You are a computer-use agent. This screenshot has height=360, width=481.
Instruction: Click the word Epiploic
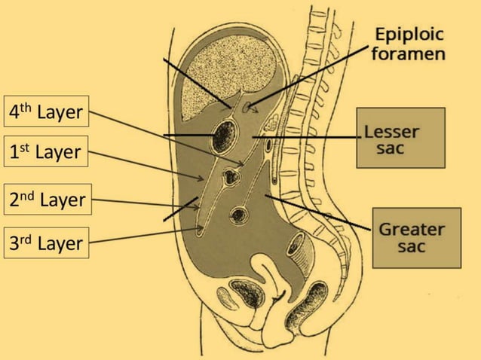410,35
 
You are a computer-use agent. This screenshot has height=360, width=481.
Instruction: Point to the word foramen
409,54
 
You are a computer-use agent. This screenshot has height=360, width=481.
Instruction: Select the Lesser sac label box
400,138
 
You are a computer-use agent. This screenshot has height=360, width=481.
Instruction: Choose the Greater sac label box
415,237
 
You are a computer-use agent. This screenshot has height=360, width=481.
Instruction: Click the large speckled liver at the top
229,68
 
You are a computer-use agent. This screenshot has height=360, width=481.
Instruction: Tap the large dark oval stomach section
225,136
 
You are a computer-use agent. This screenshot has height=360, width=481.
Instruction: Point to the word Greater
412,229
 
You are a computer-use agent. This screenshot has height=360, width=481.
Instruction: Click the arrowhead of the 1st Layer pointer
203,178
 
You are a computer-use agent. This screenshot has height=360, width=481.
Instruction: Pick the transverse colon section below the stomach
231,178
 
